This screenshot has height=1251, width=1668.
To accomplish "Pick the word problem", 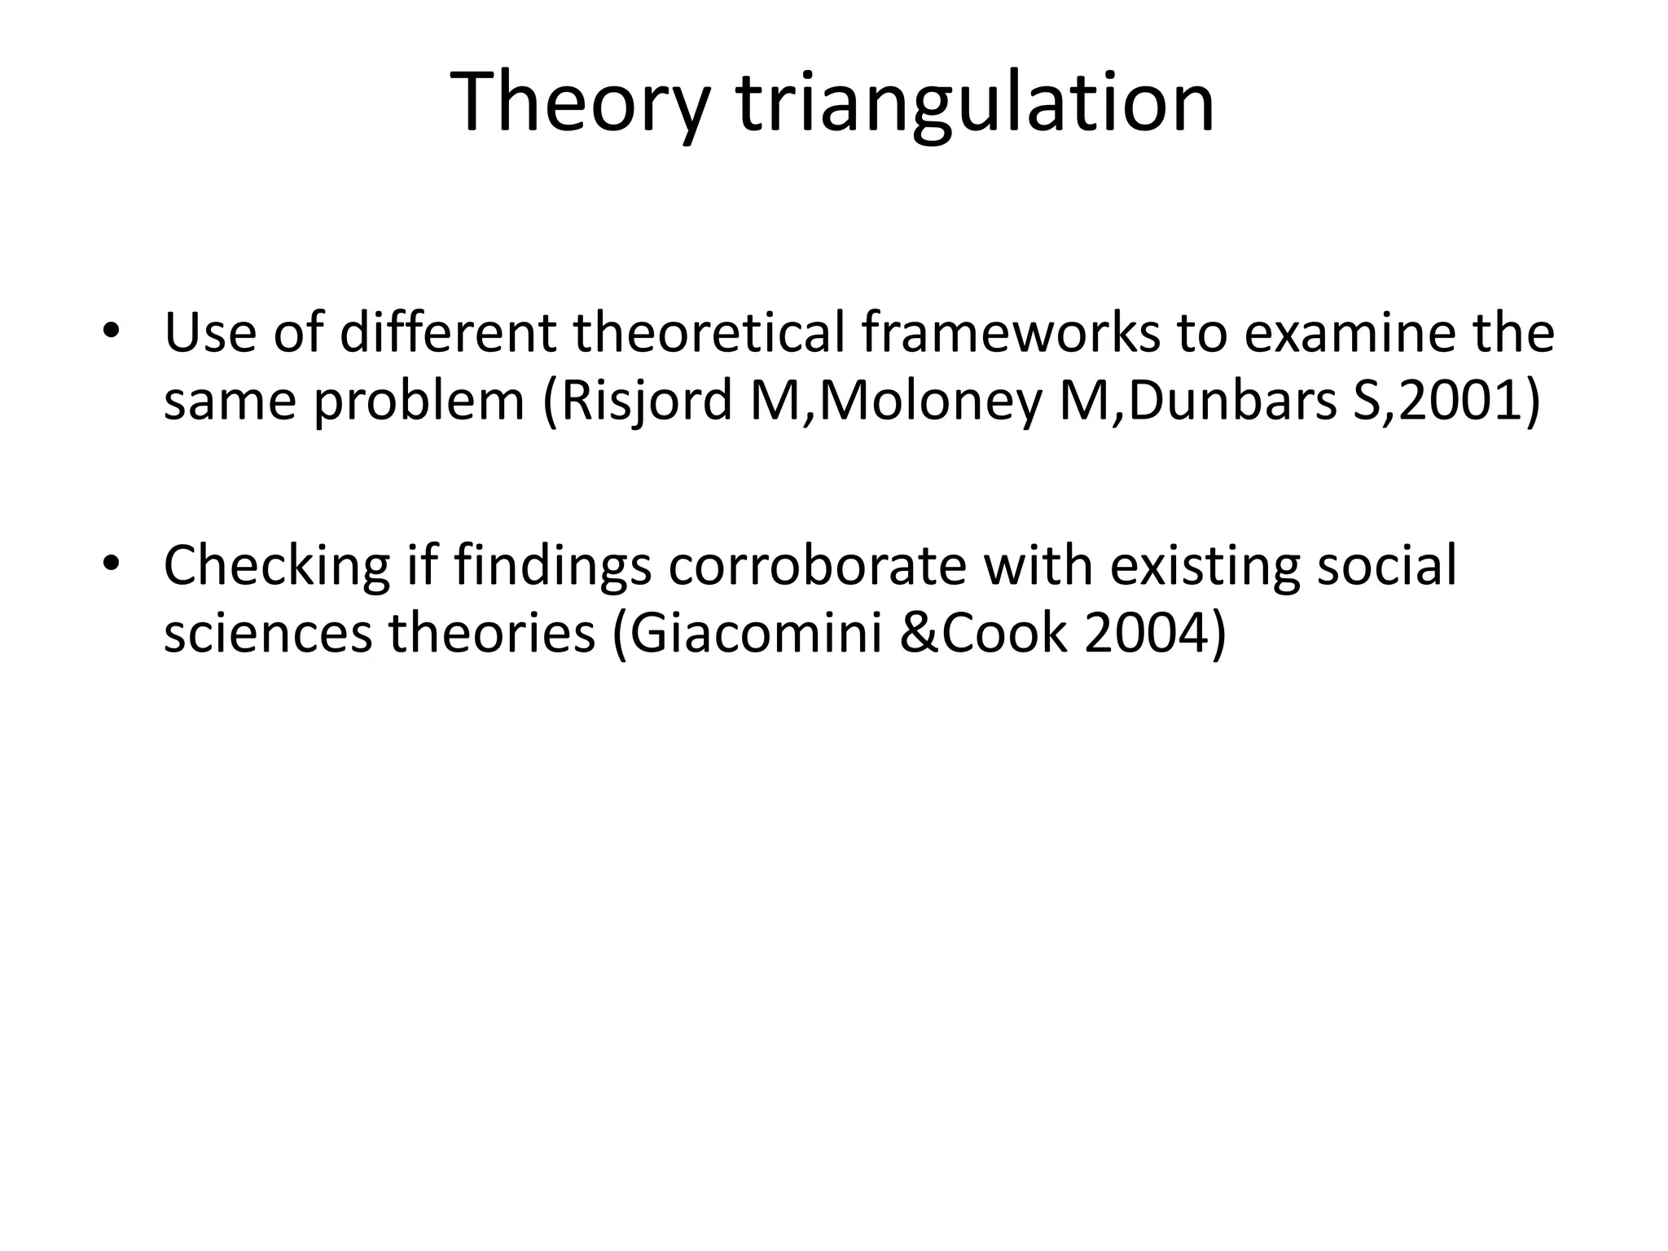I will tap(419, 402).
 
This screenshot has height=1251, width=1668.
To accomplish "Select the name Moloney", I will tap(929, 402).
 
